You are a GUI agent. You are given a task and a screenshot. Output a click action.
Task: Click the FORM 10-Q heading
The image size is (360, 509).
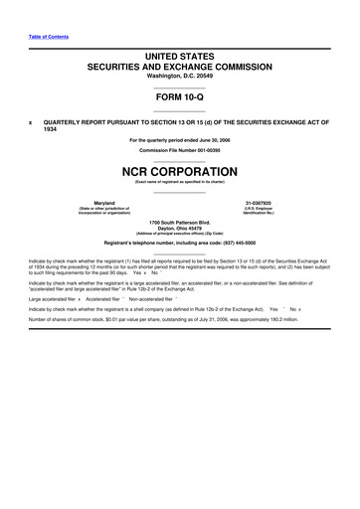click(x=181, y=98)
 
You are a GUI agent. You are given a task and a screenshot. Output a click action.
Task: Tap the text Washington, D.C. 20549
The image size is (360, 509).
click(x=180, y=76)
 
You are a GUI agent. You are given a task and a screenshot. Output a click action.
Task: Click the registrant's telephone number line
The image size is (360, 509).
click(x=181, y=243)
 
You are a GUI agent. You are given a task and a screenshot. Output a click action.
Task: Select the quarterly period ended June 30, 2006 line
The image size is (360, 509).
click(x=181, y=139)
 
